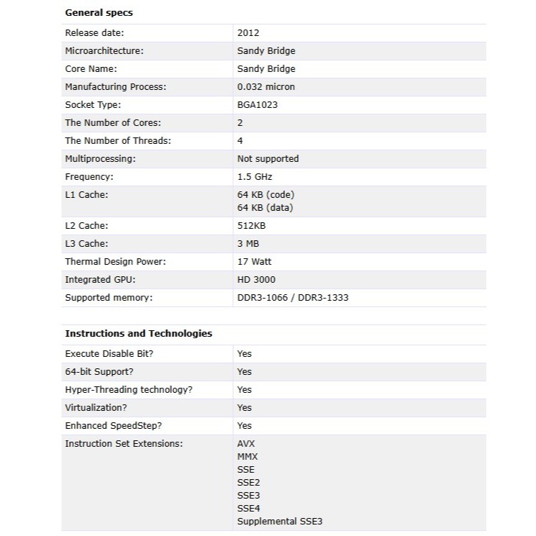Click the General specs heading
pos(99,13)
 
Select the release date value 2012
pos(247,33)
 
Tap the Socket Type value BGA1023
pos(257,105)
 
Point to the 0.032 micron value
pos(265,87)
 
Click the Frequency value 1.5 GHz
pos(255,177)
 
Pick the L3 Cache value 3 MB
pos(248,244)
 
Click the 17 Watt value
pos(254,262)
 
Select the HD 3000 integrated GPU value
pos(256,280)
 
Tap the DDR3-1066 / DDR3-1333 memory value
pos(292,298)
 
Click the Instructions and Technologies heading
pos(138,334)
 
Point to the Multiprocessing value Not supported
pos(268,159)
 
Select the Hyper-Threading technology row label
pos(129,390)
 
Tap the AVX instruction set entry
pos(246,444)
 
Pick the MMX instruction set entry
pos(247,457)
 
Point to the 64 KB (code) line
pos(265,195)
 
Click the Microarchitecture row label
pos(104,51)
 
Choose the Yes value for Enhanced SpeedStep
pos(245,426)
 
